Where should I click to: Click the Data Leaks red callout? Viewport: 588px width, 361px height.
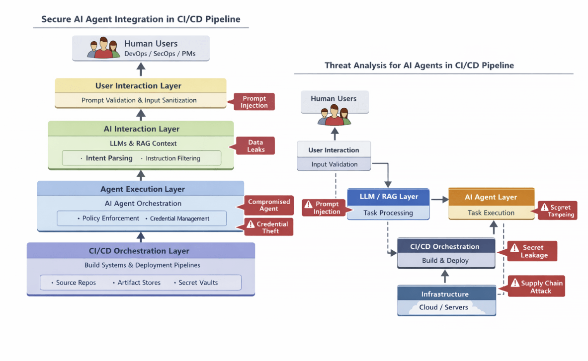click(x=256, y=145)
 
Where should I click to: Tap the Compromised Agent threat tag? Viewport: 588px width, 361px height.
click(x=269, y=205)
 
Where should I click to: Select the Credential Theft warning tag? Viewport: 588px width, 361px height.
click(x=268, y=227)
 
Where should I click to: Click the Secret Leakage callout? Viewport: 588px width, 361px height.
click(x=532, y=251)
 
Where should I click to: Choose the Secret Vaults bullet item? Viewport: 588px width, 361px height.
click(x=198, y=283)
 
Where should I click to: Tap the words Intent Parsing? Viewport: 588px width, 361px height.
click(x=109, y=158)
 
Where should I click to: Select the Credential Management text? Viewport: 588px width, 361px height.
click(x=179, y=218)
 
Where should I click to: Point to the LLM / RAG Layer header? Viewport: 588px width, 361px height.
click(x=388, y=197)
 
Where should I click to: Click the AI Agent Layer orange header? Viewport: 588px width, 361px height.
click(x=491, y=197)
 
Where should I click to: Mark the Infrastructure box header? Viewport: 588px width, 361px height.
click(x=445, y=294)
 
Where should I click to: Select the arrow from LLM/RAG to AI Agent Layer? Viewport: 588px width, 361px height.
click(x=439, y=200)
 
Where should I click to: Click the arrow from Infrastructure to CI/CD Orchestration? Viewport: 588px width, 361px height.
click(x=445, y=276)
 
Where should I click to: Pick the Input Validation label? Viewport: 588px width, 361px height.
click(x=334, y=164)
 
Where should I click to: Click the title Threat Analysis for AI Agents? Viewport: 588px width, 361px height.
click(x=419, y=66)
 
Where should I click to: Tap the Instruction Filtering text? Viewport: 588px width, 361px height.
click(x=173, y=158)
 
